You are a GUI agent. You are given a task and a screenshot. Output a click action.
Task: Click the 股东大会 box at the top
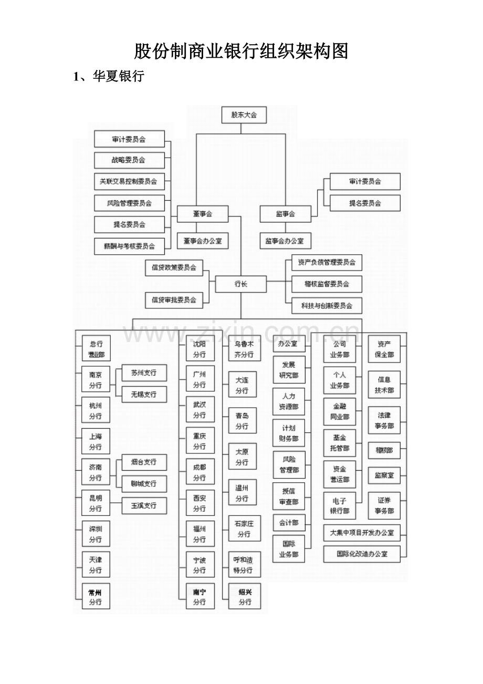(x=244, y=115)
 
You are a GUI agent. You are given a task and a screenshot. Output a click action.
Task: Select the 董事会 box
(x=202, y=214)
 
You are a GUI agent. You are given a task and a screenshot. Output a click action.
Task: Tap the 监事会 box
(x=285, y=214)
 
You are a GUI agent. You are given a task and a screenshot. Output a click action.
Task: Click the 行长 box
(x=241, y=284)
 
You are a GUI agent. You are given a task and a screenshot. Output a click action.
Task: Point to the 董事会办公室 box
(x=202, y=241)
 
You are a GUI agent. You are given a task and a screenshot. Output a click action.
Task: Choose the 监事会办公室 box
(x=285, y=241)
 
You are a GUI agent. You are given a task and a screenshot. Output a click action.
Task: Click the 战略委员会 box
(x=129, y=160)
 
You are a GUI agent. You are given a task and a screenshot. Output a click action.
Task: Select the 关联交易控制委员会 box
(x=129, y=182)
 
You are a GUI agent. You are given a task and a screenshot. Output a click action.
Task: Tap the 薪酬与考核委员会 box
(x=129, y=246)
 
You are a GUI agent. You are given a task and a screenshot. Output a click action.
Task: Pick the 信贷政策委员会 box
(x=174, y=267)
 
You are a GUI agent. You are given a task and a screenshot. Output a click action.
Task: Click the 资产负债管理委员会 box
(x=327, y=262)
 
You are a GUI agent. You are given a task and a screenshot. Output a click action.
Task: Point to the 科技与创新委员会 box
(x=327, y=305)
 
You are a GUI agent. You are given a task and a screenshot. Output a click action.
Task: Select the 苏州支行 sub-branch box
(x=144, y=373)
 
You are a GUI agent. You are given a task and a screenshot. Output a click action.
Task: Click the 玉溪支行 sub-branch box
(x=144, y=505)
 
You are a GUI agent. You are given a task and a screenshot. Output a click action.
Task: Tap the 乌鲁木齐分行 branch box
(x=244, y=349)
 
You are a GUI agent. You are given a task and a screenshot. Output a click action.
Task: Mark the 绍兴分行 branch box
(x=245, y=597)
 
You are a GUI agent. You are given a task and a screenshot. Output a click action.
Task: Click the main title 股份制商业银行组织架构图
(x=241, y=51)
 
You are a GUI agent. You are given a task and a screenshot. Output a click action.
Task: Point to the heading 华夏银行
(x=118, y=77)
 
